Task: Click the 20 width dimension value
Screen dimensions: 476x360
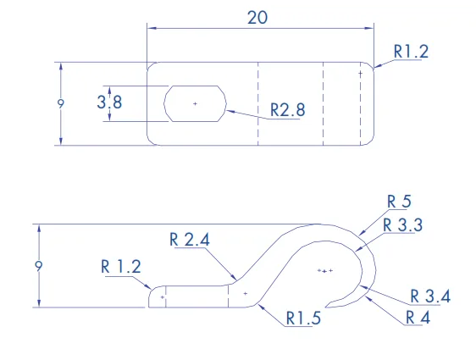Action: (x=257, y=18)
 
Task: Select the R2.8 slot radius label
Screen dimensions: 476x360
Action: (x=287, y=110)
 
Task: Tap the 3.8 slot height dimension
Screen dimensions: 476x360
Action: (x=109, y=102)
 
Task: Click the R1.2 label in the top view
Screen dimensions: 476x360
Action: (x=411, y=52)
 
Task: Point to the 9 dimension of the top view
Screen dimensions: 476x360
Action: (x=61, y=104)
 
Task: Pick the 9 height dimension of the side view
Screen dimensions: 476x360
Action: (x=39, y=266)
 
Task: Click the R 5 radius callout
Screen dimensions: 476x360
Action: (x=399, y=202)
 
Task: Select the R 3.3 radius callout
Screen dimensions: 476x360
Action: (x=403, y=225)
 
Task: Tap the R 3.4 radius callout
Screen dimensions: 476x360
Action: (x=430, y=296)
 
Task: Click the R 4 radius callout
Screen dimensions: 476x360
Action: (x=418, y=318)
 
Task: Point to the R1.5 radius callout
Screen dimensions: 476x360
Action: (x=303, y=318)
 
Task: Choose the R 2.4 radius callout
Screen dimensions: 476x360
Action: (x=190, y=240)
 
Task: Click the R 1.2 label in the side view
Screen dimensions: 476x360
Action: (x=121, y=267)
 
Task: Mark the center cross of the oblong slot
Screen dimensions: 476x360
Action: (x=195, y=104)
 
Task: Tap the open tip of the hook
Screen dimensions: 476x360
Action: (x=325, y=307)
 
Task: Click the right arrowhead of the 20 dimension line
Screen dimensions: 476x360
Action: (x=369, y=28)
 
